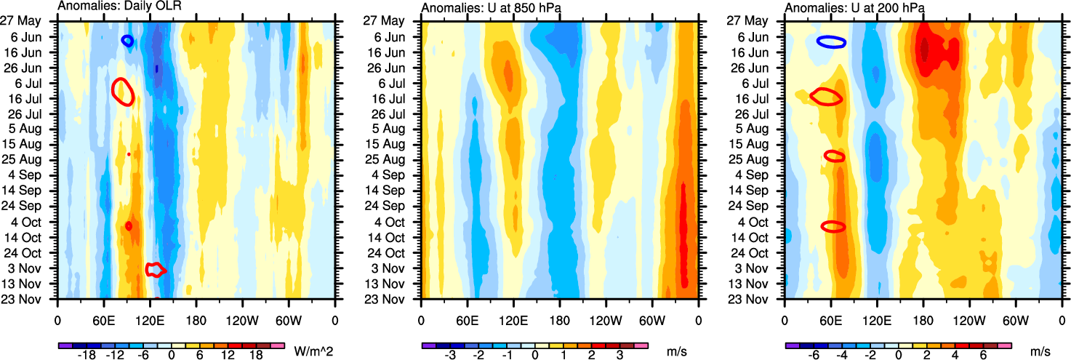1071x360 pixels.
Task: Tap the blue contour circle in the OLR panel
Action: (x=127, y=41)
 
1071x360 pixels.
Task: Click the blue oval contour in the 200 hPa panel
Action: (x=830, y=42)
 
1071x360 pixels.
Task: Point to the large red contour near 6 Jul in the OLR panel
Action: (x=122, y=91)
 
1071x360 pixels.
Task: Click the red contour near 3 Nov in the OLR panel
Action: (x=156, y=270)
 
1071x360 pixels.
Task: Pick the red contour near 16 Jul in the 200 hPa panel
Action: (x=827, y=95)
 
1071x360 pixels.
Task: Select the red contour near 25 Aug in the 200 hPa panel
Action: (x=835, y=156)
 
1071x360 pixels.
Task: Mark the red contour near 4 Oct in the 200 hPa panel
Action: (x=833, y=226)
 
